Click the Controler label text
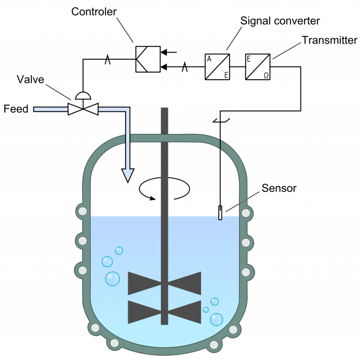pyautogui.click(x=94, y=12)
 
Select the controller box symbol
pyautogui.click(x=148, y=59)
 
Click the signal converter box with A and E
pyautogui.click(x=217, y=67)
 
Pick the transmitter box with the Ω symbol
pyautogui.click(x=258, y=67)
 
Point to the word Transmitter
pyautogui.click(x=330, y=41)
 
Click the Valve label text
pyautogui.click(x=30, y=79)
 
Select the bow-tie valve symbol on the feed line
pyautogui.click(x=83, y=109)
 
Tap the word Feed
pyautogui.click(x=16, y=109)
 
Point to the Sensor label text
pyautogui.click(x=279, y=188)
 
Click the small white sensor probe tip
pyautogui.click(x=220, y=213)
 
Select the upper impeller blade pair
pyautogui.click(x=165, y=283)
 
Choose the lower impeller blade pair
pyautogui.click(x=165, y=312)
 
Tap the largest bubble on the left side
pyautogui.click(x=112, y=278)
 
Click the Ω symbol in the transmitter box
pyautogui.click(x=266, y=74)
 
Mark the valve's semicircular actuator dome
pyautogui.click(x=83, y=96)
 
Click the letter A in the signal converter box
pyautogui.click(x=209, y=60)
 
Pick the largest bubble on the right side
pyautogui.click(x=217, y=319)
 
